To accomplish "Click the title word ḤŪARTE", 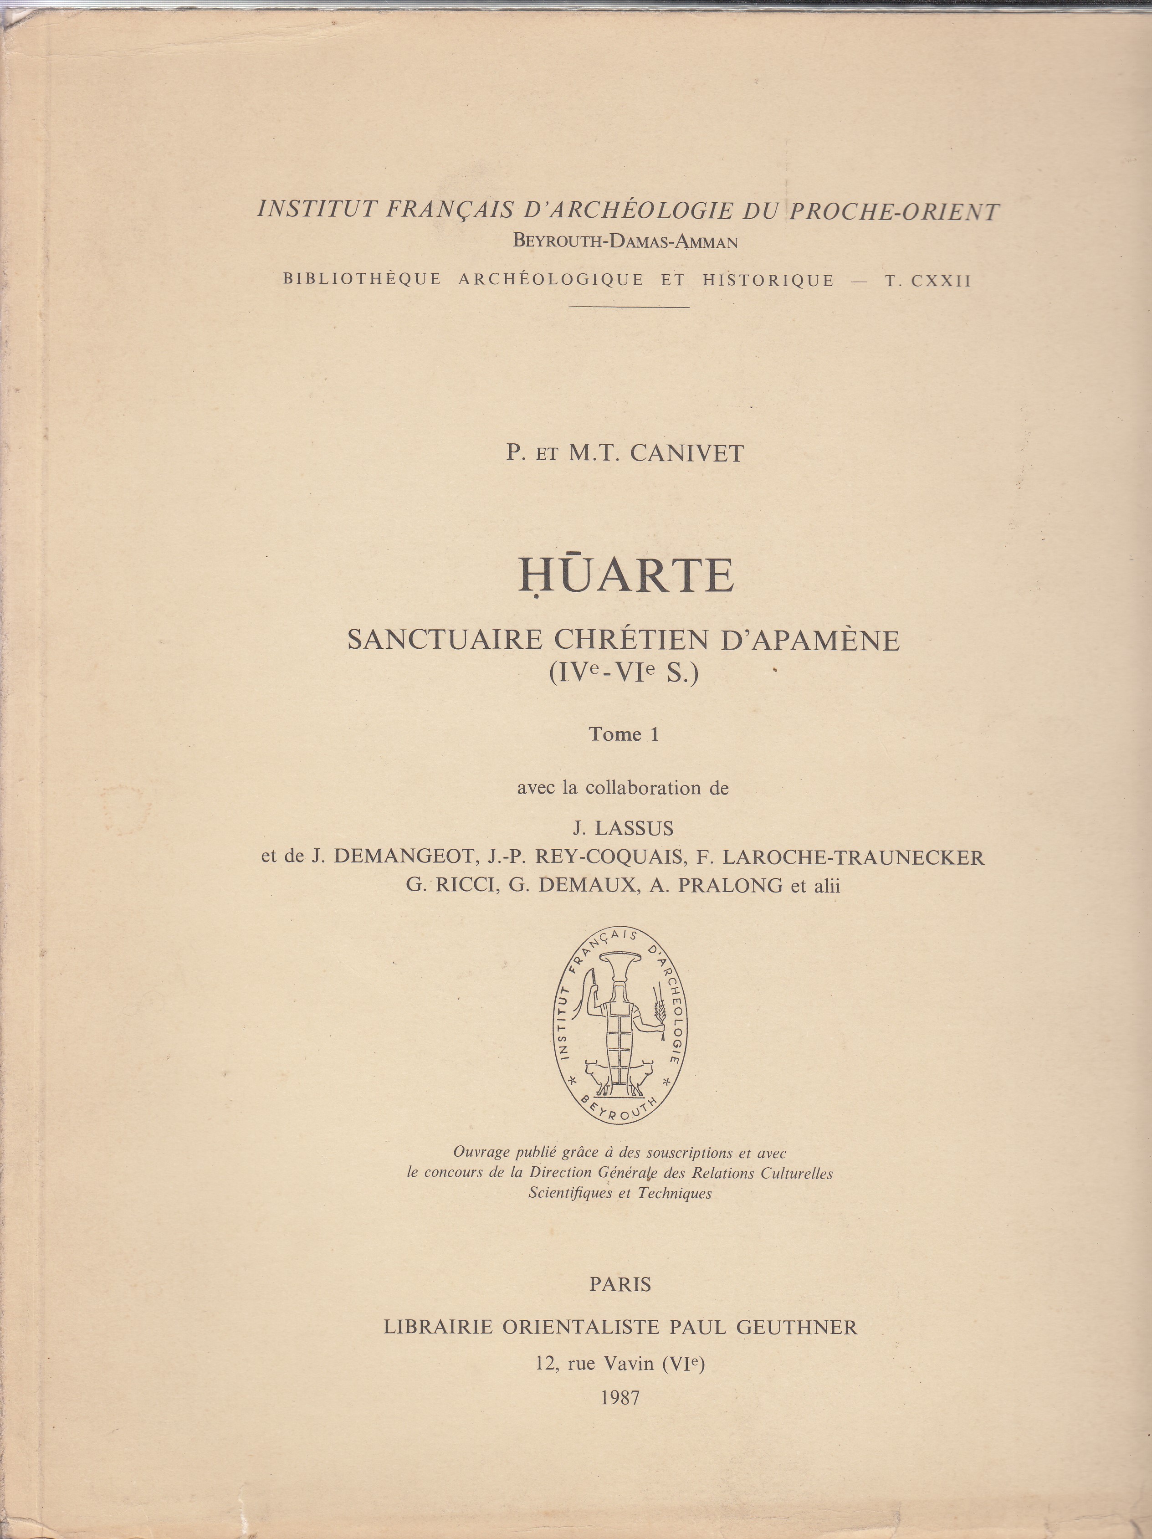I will (x=626, y=576).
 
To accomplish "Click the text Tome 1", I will (x=624, y=734).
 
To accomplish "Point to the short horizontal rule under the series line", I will (x=629, y=307).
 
